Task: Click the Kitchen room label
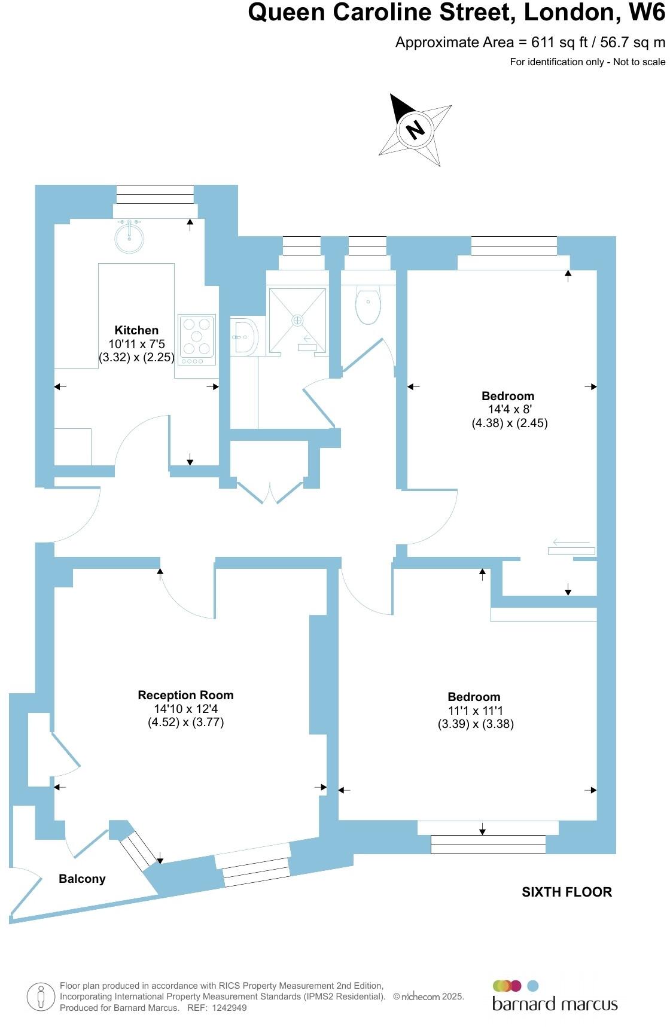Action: tap(136, 330)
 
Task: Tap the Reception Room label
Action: tap(185, 695)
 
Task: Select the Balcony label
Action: tap(82, 879)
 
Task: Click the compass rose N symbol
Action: tap(415, 129)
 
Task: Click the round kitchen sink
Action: tap(129, 238)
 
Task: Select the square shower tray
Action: tap(297, 321)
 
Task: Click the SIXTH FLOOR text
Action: tap(567, 892)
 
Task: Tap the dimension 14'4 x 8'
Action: tap(510, 410)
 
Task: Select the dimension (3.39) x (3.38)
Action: tap(476, 724)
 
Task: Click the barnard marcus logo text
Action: tap(555, 1003)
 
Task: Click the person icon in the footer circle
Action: tap(41, 997)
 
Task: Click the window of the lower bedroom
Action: tap(488, 844)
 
